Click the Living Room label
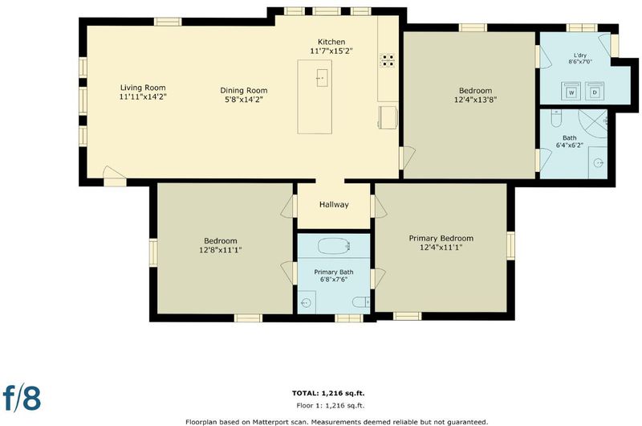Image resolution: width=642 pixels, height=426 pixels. pos(143,88)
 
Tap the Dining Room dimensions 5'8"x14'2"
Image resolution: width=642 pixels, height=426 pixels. pos(244,100)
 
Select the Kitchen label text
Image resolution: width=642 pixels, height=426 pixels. pos(331,42)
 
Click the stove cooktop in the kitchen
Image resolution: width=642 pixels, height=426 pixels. pos(388,60)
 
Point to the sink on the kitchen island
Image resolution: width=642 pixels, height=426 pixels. pos(323,78)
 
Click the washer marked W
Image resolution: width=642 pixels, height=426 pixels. pos(571,92)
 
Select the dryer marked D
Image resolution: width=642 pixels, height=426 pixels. pos(595,92)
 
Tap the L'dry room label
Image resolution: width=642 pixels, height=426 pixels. pos(580,55)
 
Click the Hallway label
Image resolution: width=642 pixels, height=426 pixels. pos(334,205)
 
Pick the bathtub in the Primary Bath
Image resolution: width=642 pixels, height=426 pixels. pos(335,246)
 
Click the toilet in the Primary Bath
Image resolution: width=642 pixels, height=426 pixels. pos(361,302)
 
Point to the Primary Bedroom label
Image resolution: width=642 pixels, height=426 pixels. pos(441,238)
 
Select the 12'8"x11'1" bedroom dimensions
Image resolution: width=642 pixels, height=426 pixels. pos(220,250)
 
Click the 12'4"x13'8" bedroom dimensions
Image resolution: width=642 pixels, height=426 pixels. pos(475,100)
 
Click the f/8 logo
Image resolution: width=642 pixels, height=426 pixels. pos(22,397)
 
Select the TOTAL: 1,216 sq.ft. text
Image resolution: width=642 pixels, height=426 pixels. pos(328,393)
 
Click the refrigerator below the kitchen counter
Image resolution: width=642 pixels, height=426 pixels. pos(388,117)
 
